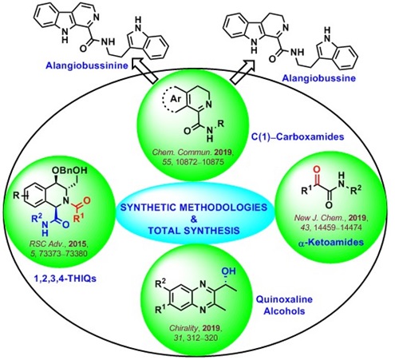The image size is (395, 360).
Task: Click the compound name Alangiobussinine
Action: (87, 65)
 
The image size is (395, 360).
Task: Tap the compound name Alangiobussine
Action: (318, 78)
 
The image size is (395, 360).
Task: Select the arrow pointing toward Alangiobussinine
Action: (144, 72)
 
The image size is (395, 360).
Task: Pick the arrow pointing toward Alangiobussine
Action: (243, 71)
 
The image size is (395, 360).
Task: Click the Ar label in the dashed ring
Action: (176, 99)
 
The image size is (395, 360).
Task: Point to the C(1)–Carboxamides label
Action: (298, 136)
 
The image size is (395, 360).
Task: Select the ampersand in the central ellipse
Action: (194, 219)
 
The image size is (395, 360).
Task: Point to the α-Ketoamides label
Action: (330, 243)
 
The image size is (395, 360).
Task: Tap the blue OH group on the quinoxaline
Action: (229, 271)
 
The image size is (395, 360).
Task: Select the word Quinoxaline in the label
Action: (284, 299)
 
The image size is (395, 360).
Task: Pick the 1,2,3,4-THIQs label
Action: (65, 279)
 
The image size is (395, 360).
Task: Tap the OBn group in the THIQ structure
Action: (62, 170)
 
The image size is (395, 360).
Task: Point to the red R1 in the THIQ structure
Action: (78, 218)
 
